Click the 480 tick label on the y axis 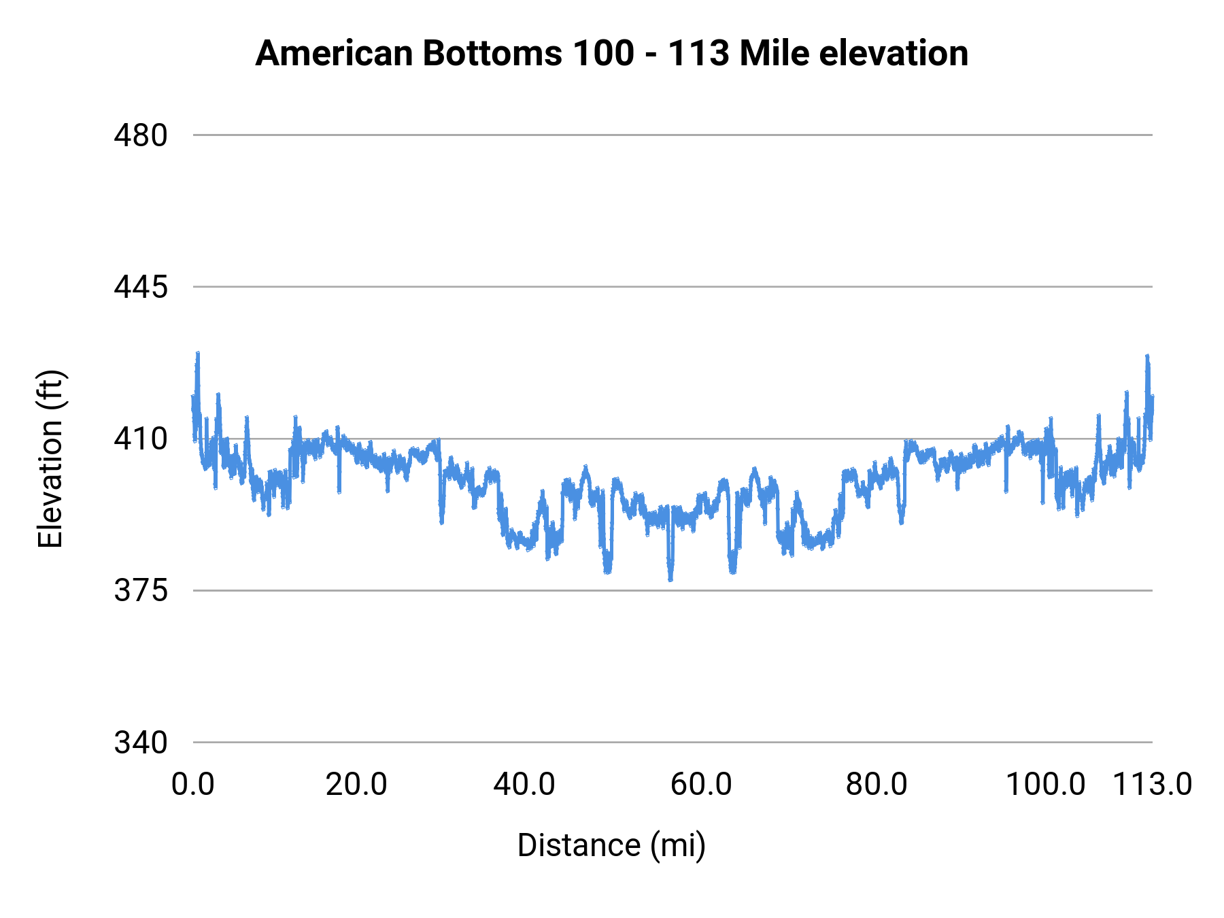click(140, 135)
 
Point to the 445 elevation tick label click(140, 287)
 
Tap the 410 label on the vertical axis click(140, 439)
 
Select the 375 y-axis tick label click(140, 591)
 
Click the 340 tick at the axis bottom click(140, 743)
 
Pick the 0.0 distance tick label click(192, 785)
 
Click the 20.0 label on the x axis click(356, 785)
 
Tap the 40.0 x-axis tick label click(524, 785)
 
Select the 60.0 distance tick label click(701, 785)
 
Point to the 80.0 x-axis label click(877, 785)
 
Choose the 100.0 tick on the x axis click(1045, 785)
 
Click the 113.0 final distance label click(1152, 785)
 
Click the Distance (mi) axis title click(611, 845)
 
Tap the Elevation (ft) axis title click(50, 459)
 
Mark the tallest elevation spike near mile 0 click(198, 354)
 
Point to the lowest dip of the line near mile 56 click(670, 579)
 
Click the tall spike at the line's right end click(1147, 357)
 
